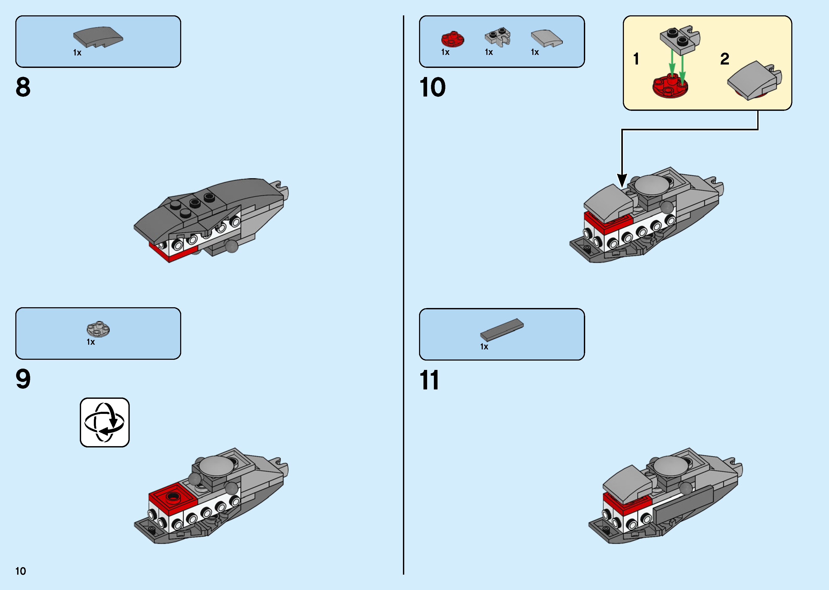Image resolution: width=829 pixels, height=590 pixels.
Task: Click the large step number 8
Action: coord(23,87)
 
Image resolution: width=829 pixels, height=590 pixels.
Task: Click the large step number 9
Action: coord(23,379)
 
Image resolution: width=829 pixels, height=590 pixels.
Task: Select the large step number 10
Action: coord(432,87)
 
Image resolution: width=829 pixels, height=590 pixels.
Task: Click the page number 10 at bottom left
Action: coord(21,571)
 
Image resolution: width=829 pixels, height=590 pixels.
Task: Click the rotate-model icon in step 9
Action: coord(105,422)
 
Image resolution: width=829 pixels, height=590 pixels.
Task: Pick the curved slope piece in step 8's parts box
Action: coord(98,37)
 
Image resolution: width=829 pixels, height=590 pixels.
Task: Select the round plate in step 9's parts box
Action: coord(98,329)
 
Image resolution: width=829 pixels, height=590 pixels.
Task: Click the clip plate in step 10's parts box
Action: coord(498,37)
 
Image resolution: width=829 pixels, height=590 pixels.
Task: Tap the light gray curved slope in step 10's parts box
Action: coord(547,38)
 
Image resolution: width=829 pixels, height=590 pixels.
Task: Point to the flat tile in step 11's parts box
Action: coord(502,330)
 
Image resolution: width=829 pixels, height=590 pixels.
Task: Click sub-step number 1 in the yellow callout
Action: coord(636,59)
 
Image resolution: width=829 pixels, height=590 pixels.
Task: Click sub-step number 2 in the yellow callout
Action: coord(725,59)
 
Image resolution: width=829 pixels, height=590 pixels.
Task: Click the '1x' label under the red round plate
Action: coord(445,52)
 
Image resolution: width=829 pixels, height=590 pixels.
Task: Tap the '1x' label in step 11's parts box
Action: coord(484,347)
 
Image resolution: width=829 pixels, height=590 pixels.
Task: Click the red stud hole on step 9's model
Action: coord(173,496)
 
